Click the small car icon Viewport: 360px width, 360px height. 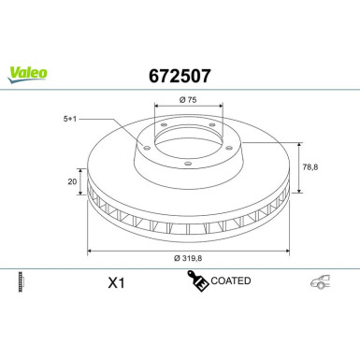pos(320,281)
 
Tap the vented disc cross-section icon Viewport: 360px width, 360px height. pos(22,281)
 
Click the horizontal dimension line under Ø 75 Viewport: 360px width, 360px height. pos(186,108)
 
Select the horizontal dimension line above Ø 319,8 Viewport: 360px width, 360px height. pos(187,251)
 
